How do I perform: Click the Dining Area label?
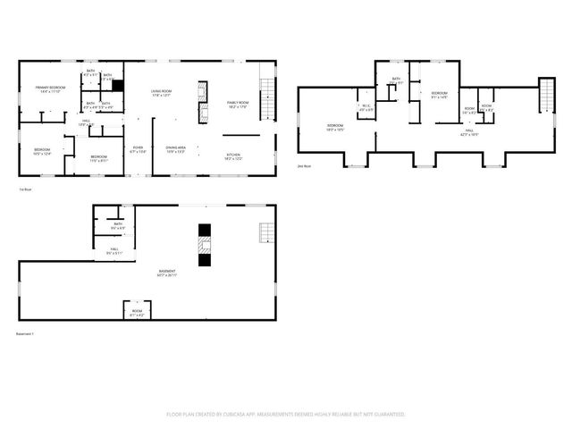(175, 149)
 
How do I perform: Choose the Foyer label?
(138, 149)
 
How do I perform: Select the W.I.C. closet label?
(366, 107)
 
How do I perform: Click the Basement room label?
(167, 273)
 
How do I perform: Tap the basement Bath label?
(117, 226)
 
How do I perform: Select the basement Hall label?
(114, 251)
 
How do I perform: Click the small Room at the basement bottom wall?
(137, 314)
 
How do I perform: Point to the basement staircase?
(265, 233)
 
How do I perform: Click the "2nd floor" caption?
(304, 166)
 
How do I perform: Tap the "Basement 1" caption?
(25, 333)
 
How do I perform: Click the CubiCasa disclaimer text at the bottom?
(286, 415)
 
